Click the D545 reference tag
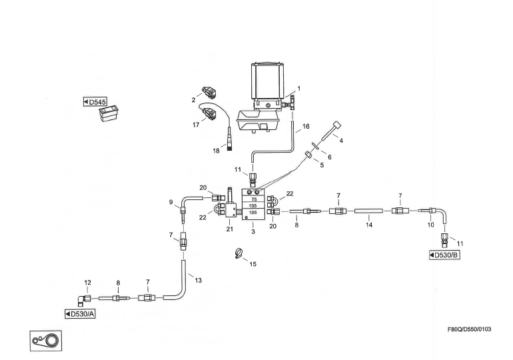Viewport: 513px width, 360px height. click(95, 102)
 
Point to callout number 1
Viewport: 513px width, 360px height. click(298, 89)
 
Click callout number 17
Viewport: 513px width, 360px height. click(196, 124)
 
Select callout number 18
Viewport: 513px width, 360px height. click(216, 151)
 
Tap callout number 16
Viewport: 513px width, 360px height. click(306, 125)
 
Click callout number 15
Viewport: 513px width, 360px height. click(253, 265)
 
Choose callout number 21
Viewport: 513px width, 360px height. click(229, 229)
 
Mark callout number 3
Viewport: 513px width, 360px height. click(253, 232)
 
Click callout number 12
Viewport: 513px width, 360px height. click(88, 283)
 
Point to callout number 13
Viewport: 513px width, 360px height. click(198, 281)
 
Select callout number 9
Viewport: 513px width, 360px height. click(171, 202)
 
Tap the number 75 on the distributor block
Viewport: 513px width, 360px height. click(253, 198)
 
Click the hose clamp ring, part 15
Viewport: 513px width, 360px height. click(237, 253)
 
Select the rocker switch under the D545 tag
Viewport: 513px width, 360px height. click(107, 115)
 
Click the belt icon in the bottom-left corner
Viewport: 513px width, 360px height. click(43, 341)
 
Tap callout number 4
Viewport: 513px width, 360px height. click(340, 141)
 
